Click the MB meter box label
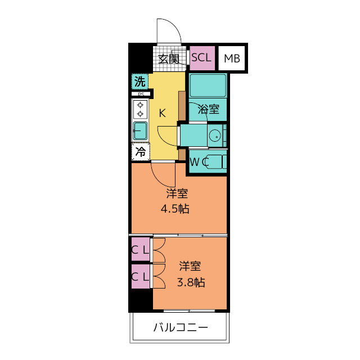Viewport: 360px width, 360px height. click(x=232, y=58)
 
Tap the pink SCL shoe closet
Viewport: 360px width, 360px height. click(x=202, y=58)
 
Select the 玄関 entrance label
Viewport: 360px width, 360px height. click(x=169, y=59)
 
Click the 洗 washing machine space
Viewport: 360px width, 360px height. click(x=140, y=81)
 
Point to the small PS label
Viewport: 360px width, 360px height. click(x=141, y=94)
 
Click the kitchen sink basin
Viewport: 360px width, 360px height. click(x=140, y=131)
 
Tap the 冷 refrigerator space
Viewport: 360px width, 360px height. click(x=140, y=151)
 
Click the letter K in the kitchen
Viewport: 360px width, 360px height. click(x=163, y=113)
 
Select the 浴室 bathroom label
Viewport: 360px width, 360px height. click(x=209, y=109)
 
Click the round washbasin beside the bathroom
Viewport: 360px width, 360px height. click(x=215, y=136)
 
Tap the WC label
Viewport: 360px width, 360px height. click(x=199, y=163)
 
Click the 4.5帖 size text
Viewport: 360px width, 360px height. click(x=175, y=209)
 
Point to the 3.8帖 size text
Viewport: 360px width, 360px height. click(x=191, y=282)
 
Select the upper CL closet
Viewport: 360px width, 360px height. click(x=140, y=249)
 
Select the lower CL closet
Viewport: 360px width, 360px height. click(x=140, y=276)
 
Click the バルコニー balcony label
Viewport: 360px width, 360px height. click(x=181, y=327)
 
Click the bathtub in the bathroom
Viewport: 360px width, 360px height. click(x=208, y=85)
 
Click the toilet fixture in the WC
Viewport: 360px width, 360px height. click(x=215, y=162)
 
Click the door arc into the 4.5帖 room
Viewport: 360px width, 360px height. click(x=159, y=179)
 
